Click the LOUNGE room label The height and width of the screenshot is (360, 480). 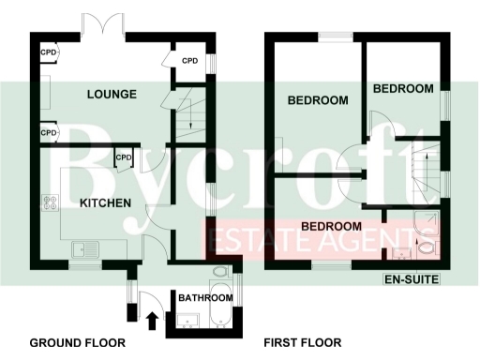112,95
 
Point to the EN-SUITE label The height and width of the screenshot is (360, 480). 412,279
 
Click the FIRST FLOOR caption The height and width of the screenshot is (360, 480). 302,342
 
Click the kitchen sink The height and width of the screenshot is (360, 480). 87,248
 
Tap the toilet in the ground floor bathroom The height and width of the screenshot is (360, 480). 219,273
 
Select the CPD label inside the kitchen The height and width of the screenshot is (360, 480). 122,157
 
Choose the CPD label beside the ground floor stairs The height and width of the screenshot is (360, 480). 189,62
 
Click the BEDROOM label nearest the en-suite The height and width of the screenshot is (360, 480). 331,227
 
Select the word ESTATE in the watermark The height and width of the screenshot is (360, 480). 251,240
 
